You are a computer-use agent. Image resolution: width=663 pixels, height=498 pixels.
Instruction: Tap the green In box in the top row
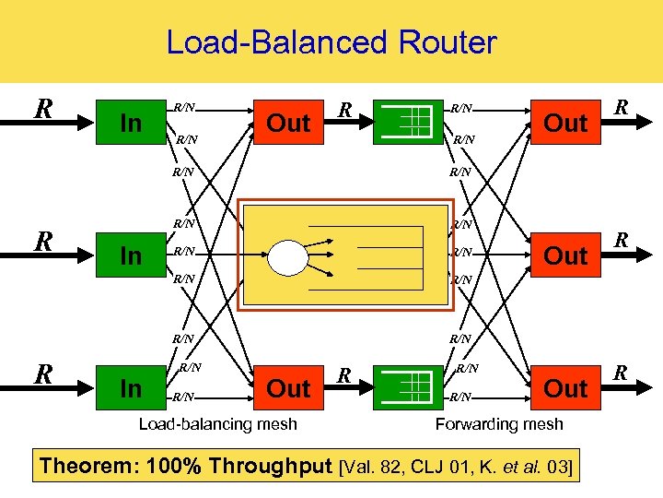pyautogui.click(x=132, y=123)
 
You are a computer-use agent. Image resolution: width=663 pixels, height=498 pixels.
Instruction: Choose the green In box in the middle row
pyautogui.click(x=132, y=255)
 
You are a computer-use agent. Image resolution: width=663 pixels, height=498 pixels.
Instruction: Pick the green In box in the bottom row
pyautogui.click(x=132, y=388)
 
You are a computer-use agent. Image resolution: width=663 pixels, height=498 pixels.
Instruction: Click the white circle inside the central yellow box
pyautogui.click(x=287, y=255)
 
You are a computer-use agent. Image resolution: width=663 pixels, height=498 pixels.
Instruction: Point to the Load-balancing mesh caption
pyautogui.click(x=217, y=424)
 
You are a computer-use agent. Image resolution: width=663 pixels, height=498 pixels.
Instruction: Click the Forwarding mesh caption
pyautogui.click(x=499, y=424)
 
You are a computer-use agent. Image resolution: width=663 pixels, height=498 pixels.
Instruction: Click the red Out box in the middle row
pyautogui.click(x=566, y=255)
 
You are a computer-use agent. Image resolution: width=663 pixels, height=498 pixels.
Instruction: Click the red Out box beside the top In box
pyautogui.click(x=288, y=123)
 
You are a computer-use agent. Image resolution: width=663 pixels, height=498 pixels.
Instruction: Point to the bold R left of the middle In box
pyautogui.click(x=42, y=242)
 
